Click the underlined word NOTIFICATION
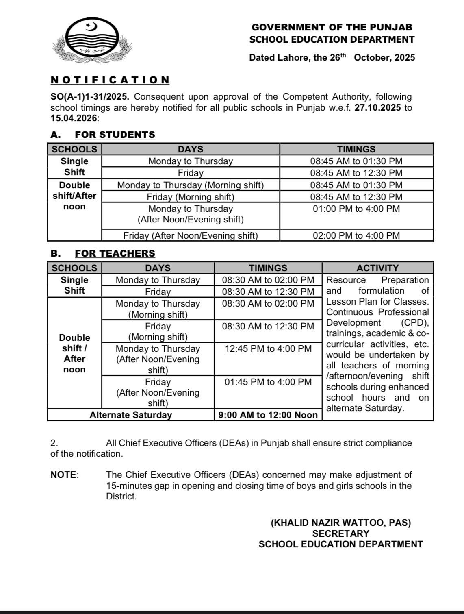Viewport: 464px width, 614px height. pyautogui.click(x=110, y=80)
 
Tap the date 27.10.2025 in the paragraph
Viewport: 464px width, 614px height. pyautogui.click(x=377, y=108)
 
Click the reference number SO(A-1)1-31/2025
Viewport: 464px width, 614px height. pyautogui.click(x=89, y=97)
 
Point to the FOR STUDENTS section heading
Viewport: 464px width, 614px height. pyautogui.click(x=115, y=135)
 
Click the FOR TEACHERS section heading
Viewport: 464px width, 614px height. pyautogui.click(x=115, y=253)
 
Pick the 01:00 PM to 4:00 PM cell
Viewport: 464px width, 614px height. pyautogui.click(x=356, y=209)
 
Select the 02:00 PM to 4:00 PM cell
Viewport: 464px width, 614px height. pyautogui.click(x=356, y=235)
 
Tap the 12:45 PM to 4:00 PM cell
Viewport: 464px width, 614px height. pyautogui.click(x=268, y=349)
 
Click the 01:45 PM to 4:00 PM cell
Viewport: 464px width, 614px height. pyautogui.click(x=268, y=382)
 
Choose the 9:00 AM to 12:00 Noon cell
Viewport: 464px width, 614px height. pyautogui.click(x=268, y=415)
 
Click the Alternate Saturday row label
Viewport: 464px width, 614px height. pyautogui.click(x=131, y=415)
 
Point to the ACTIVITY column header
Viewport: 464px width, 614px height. pyautogui.click(x=377, y=268)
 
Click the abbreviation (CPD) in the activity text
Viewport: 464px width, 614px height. pyautogui.click(x=415, y=323)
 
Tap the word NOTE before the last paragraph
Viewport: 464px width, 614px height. pyautogui.click(x=64, y=475)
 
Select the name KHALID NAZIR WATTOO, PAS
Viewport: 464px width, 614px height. pyautogui.click(x=340, y=523)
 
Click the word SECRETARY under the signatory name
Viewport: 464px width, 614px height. pyautogui.click(x=340, y=533)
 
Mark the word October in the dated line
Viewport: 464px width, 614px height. pyautogui.click(x=372, y=57)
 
